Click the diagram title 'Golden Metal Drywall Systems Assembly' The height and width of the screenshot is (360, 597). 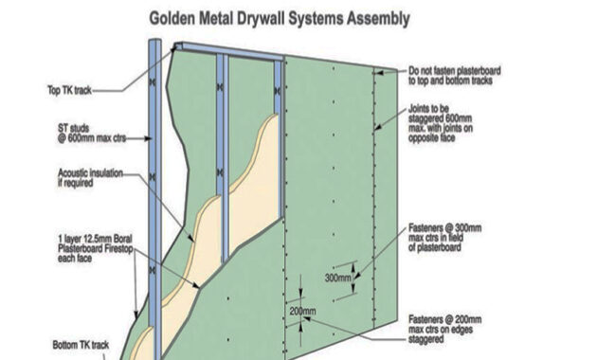tap(280, 18)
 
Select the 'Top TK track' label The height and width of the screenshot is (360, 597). tap(70, 91)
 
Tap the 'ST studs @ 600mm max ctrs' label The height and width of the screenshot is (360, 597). tap(92, 134)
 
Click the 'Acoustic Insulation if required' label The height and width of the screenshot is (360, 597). tap(90, 178)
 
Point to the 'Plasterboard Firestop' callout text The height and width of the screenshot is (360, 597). tap(96, 248)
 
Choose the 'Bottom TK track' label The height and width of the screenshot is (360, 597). tap(81, 345)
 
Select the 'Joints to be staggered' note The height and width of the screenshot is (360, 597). tap(441, 123)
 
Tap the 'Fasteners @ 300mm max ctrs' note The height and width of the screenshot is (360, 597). tap(444, 238)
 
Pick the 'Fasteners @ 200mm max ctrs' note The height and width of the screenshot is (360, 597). tap(444, 329)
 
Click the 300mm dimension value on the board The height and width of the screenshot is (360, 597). tap(337, 278)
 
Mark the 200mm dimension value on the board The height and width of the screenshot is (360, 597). tap(302, 312)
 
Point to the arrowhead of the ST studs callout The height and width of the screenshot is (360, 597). tap(149, 138)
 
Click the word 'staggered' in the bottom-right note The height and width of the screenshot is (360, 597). tap(426, 339)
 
